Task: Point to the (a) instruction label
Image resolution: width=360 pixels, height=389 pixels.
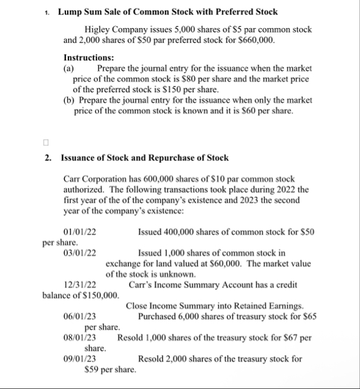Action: click(69, 68)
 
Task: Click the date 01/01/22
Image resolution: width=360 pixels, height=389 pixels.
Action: click(80, 232)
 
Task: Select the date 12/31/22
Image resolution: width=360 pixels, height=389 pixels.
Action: click(80, 285)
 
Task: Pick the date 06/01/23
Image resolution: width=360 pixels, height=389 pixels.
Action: click(80, 317)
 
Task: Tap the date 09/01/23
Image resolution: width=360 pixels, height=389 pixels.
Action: click(80, 359)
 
